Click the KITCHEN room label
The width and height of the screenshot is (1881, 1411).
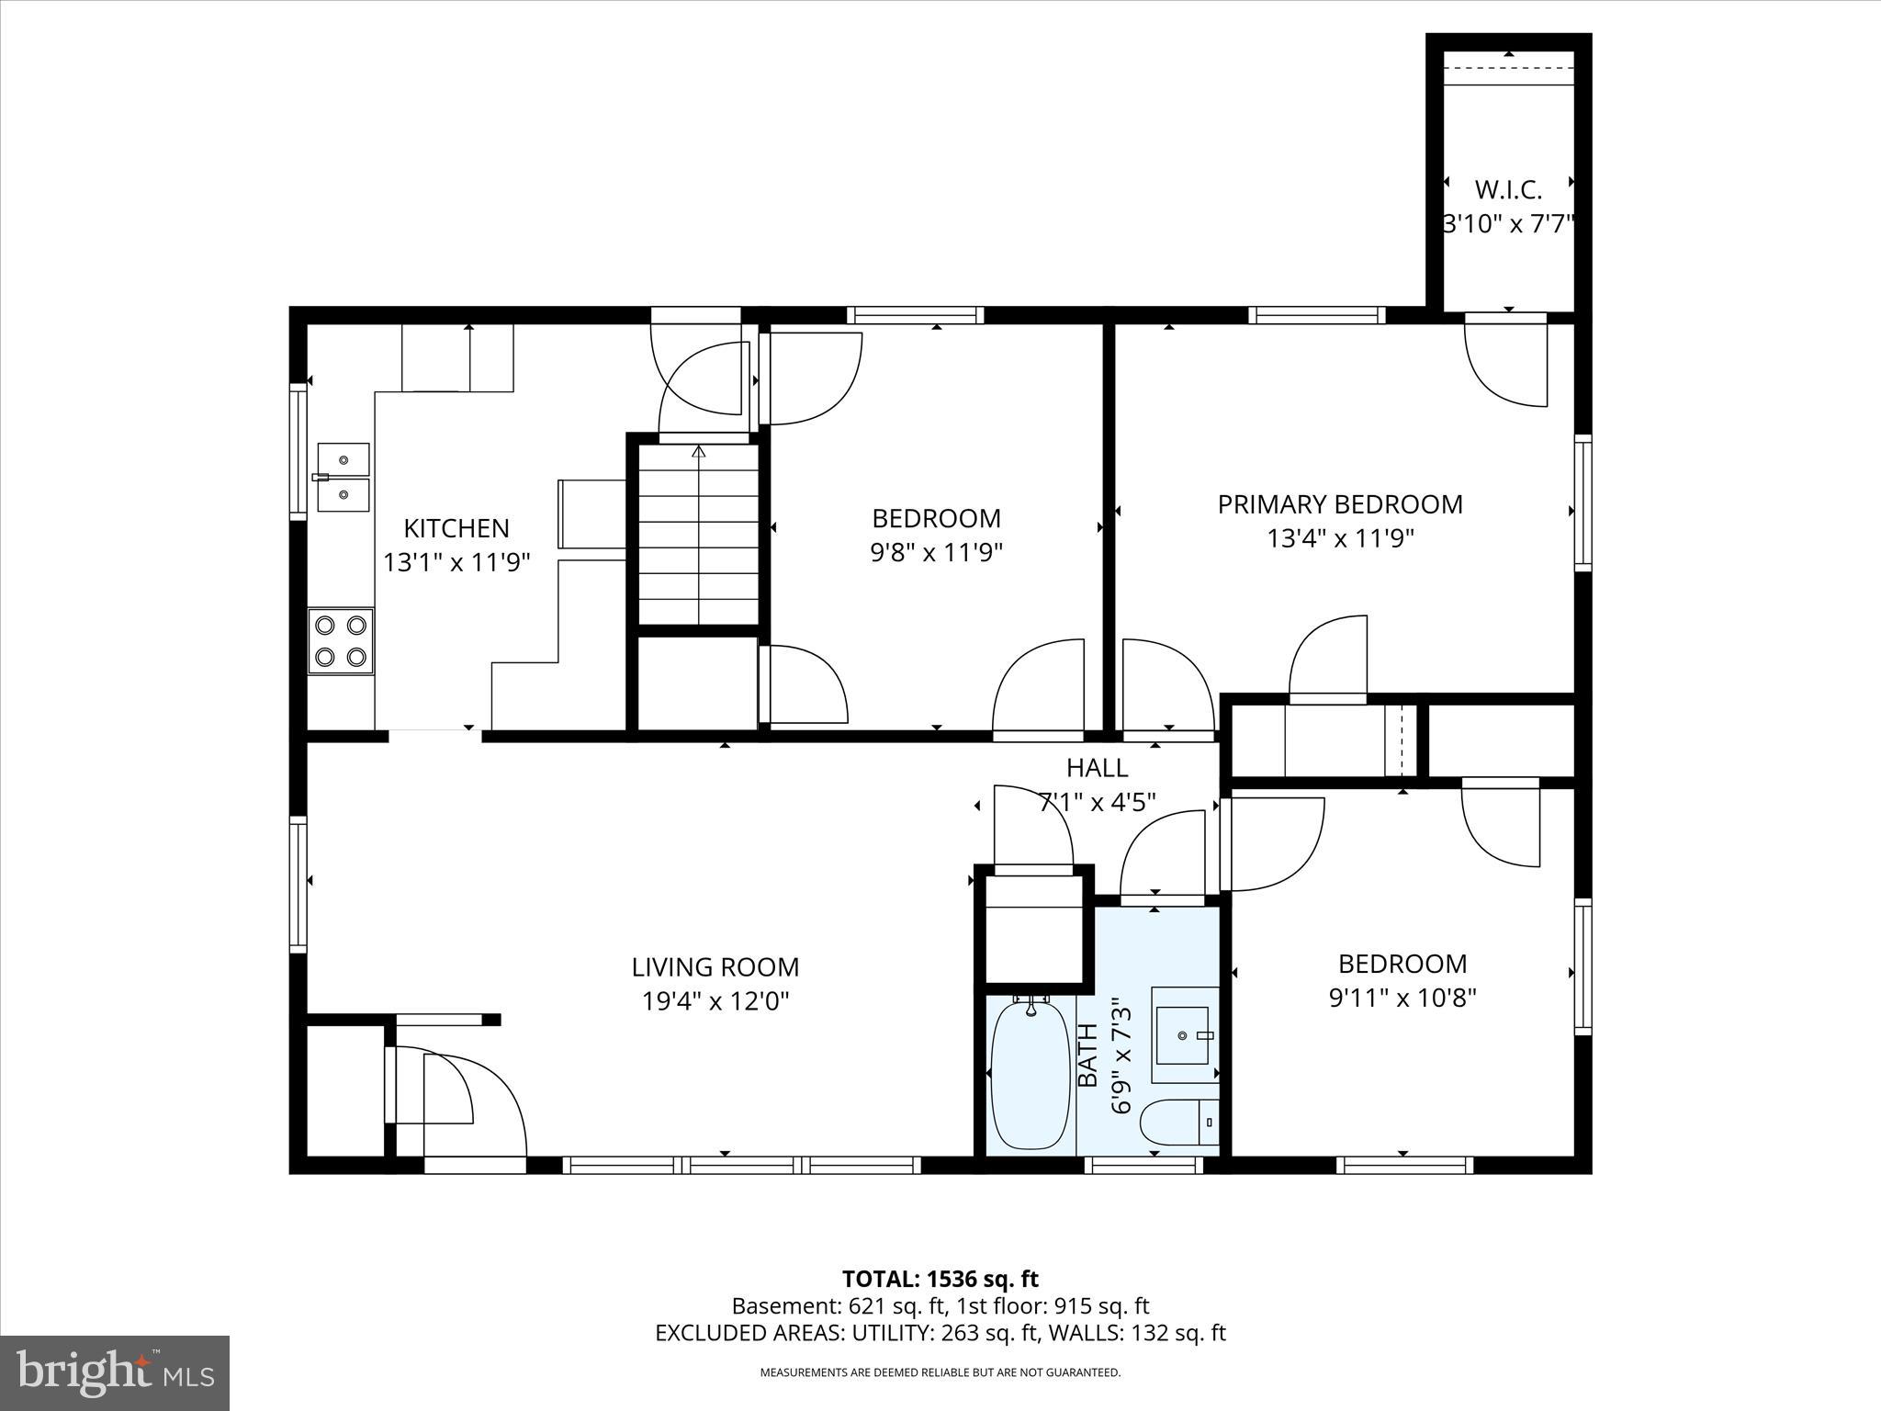456,528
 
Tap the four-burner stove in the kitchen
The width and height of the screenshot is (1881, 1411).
341,640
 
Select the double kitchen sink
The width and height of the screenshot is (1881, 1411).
344,477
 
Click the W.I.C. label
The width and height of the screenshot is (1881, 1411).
1508,190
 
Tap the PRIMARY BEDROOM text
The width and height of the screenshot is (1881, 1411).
1340,504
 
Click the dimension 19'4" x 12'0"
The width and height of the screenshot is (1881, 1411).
715,1000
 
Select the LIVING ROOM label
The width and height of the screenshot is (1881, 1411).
715,966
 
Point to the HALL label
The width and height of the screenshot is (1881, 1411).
1097,767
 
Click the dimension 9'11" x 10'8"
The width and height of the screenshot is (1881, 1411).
1402,998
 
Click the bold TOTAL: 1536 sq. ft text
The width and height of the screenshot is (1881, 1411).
940,1279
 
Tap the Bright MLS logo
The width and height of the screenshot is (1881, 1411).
115,1372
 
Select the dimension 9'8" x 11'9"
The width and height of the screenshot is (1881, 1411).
936,552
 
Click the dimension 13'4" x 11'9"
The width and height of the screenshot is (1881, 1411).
1340,538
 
